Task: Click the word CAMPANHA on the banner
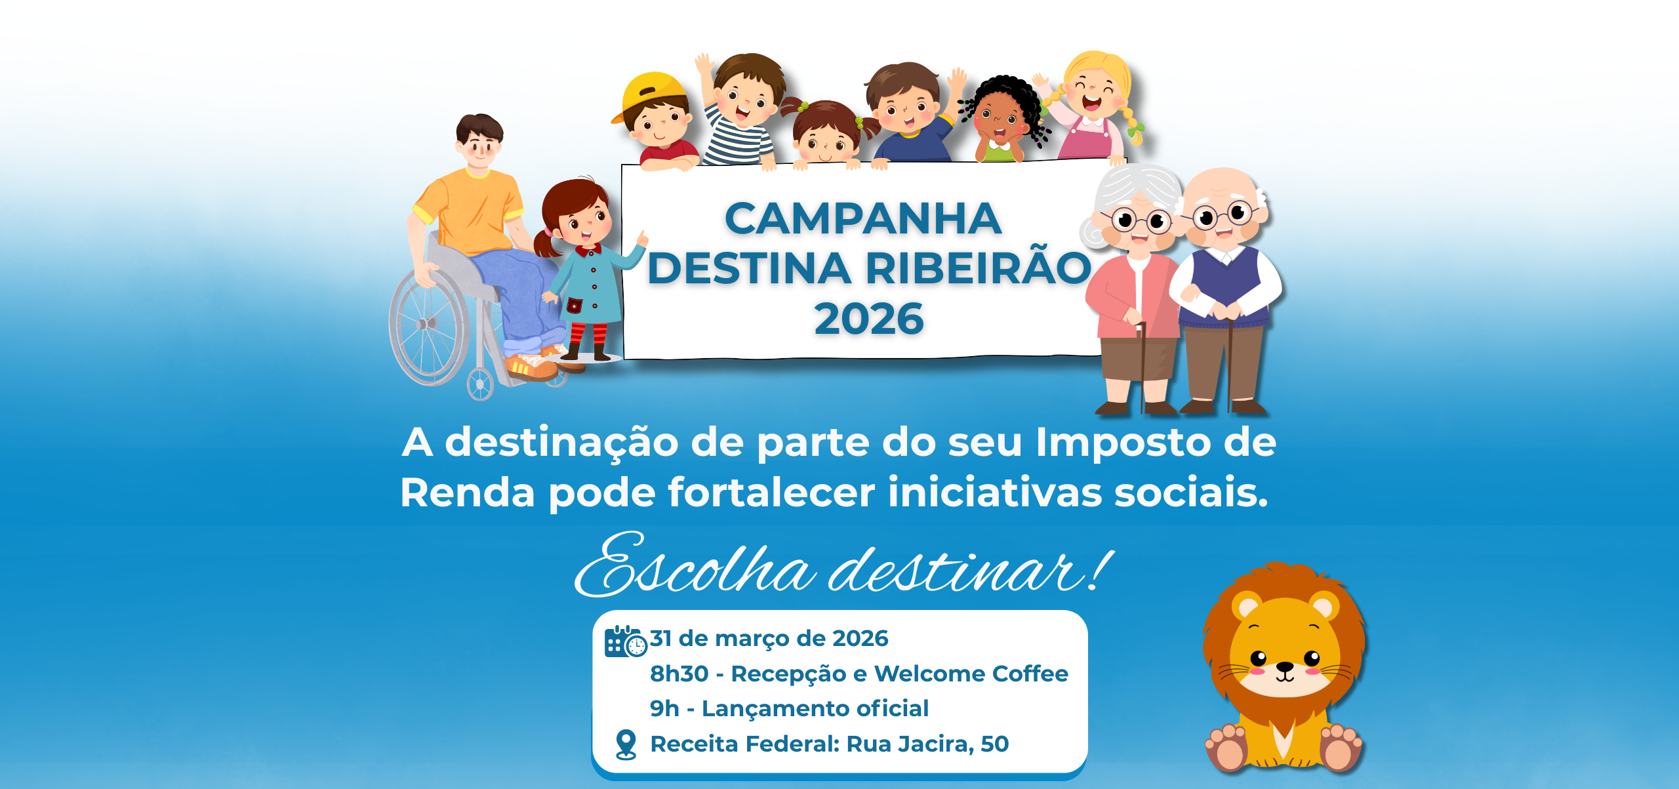pos(863,218)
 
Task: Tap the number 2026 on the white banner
pos(869,319)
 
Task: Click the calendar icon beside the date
pos(625,641)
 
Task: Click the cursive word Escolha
pos(695,566)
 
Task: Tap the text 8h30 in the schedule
pos(679,674)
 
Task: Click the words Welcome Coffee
pos(971,674)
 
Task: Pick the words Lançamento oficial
pos(815,708)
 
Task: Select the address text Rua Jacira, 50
pos(927,744)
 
